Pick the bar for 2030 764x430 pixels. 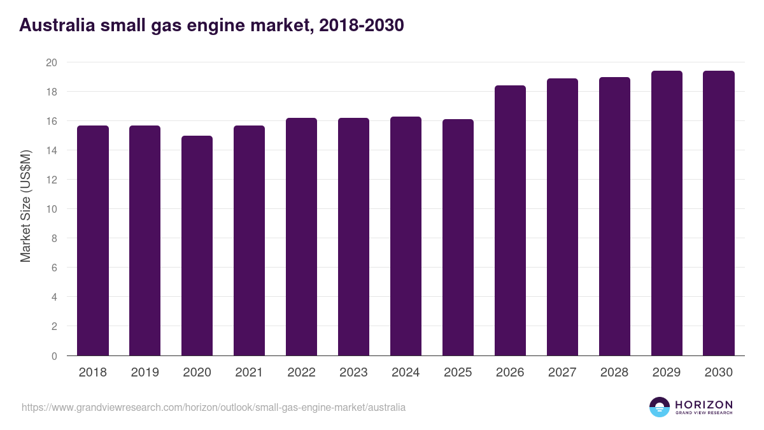click(x=719, y=213)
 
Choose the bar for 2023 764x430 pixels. click(x=353, y=237)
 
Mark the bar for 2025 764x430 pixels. click(x=458, y=238)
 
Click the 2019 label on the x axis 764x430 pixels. click(x=145, y=373)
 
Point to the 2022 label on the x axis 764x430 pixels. click(x=301, y=373)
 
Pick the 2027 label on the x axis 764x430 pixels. click(x=562, y=373)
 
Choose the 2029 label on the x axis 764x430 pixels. click(x=667, y=373)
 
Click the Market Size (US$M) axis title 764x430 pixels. click(x=25, y=206)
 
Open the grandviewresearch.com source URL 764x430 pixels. click(x=213, y=407)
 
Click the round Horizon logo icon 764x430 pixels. click(x=660, y=407)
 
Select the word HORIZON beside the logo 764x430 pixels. click(x=704, y=405)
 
